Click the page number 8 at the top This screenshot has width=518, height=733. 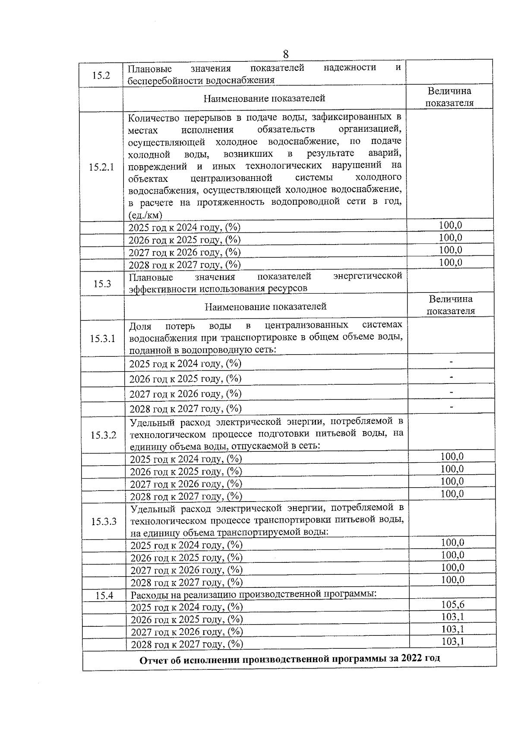coord(286,54)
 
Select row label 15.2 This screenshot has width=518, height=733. coord(101,75)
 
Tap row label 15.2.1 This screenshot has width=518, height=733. coord(101,167)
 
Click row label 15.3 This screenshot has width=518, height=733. coord(102,283)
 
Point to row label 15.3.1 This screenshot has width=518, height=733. coord(102,338)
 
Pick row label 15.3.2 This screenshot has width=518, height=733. coord(103,435)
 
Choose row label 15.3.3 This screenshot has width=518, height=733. coord(104,521)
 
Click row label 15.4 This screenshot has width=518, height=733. coord(104,596)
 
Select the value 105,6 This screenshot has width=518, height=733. coord(452,605)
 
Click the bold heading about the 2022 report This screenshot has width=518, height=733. coord(290,659)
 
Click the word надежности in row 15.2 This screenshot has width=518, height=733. coord(349,68)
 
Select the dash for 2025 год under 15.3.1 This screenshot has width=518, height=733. coord(451,362)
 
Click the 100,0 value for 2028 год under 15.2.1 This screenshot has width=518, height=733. coord(450,262)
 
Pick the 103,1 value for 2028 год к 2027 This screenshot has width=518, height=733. coord(452,641)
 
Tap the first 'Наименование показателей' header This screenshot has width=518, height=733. coord(264,98)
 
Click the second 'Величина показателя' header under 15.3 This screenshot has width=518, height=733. coord(450,305)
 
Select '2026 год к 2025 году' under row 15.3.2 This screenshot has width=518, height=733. coord(186,471)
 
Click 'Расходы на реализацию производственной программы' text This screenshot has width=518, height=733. coord(254,594)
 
